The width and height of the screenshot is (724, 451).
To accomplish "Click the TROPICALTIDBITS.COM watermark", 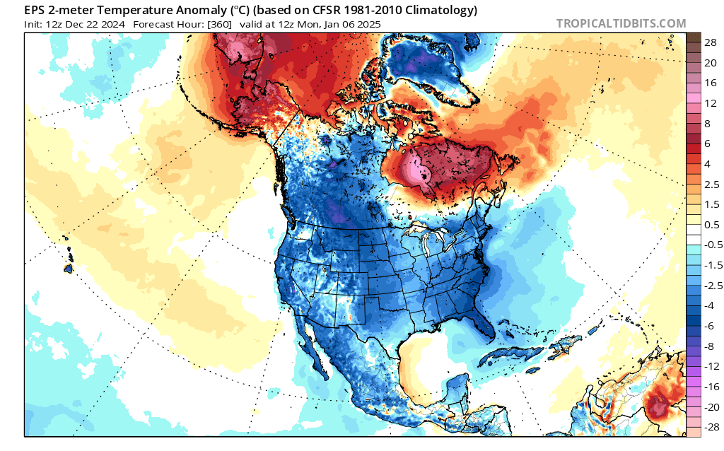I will click(621, 23).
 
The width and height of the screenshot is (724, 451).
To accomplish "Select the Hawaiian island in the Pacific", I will click(69, 269).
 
